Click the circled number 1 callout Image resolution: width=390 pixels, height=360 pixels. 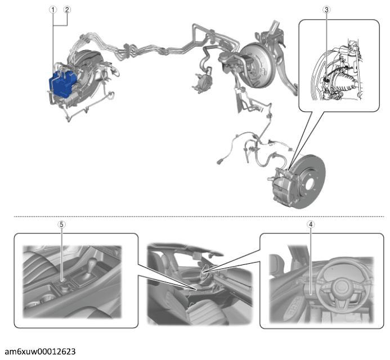(x=53, y=10)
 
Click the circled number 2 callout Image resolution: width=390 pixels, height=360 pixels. (x=67, y=10)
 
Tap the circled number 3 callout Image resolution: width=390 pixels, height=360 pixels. (x=326, y=10)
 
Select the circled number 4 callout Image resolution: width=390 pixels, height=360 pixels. (x=311, y=224)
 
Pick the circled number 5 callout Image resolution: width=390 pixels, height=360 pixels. (x=61, y=224)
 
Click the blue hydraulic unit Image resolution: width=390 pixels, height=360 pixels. (x=62, y=84)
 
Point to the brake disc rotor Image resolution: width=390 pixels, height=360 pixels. (x=311, y=182)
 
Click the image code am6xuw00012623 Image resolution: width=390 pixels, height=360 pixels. (x=40, y=352)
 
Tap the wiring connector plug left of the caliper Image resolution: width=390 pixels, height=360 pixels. (x=219, y=161)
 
